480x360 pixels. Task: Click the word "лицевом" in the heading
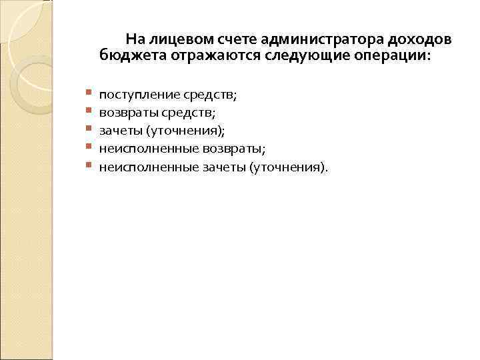pyautogui.click(x=170, y=39)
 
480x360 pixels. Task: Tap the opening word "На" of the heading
pyautogui.click(x=134, y=39)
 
